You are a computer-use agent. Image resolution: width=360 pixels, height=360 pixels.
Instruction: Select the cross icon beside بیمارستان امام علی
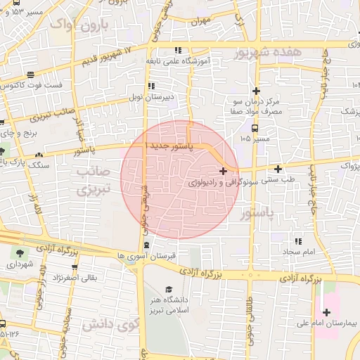[326, 312]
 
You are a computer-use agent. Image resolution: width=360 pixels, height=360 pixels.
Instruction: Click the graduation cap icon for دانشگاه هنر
[168, 290]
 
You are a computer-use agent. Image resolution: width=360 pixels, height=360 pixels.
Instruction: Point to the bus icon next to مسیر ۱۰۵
[255, 129]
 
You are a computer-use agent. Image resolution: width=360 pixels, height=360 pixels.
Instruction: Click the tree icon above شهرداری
[18, 253]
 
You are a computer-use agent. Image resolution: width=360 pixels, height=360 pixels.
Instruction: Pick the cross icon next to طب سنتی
[279, 169]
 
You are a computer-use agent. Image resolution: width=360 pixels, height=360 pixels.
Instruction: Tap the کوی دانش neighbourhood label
[106, 325]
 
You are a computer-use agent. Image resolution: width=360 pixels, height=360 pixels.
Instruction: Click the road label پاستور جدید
[172, 145]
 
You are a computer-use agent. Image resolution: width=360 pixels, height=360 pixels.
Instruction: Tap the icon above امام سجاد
[297, 241]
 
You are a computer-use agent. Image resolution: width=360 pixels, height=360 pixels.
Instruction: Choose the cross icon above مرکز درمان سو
[257, 91]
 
